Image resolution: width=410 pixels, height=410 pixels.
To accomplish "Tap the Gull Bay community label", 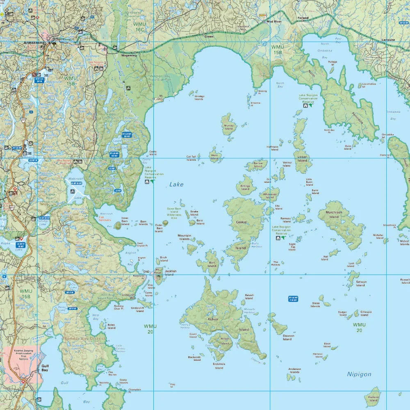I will point(45,368).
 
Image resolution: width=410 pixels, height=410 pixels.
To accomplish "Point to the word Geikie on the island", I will point(241,222).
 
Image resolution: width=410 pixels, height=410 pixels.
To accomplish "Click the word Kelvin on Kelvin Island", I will point(213,319).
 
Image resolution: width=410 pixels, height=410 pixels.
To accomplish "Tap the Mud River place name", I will point(274,21).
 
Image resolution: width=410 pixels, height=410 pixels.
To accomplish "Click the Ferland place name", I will point(303,18).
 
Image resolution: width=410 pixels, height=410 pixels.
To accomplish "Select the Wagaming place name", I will point(128,55).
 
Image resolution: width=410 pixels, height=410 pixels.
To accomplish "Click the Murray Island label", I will point(228,127).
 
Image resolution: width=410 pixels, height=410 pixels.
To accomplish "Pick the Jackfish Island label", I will point(170,273).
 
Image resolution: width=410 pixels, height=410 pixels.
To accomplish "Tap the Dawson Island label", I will point(287,337).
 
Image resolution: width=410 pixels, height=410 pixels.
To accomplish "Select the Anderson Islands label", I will point(294,370).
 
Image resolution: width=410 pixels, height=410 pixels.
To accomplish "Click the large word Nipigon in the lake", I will point(359,374).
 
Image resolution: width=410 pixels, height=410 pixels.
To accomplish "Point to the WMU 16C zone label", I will point(139,27).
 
